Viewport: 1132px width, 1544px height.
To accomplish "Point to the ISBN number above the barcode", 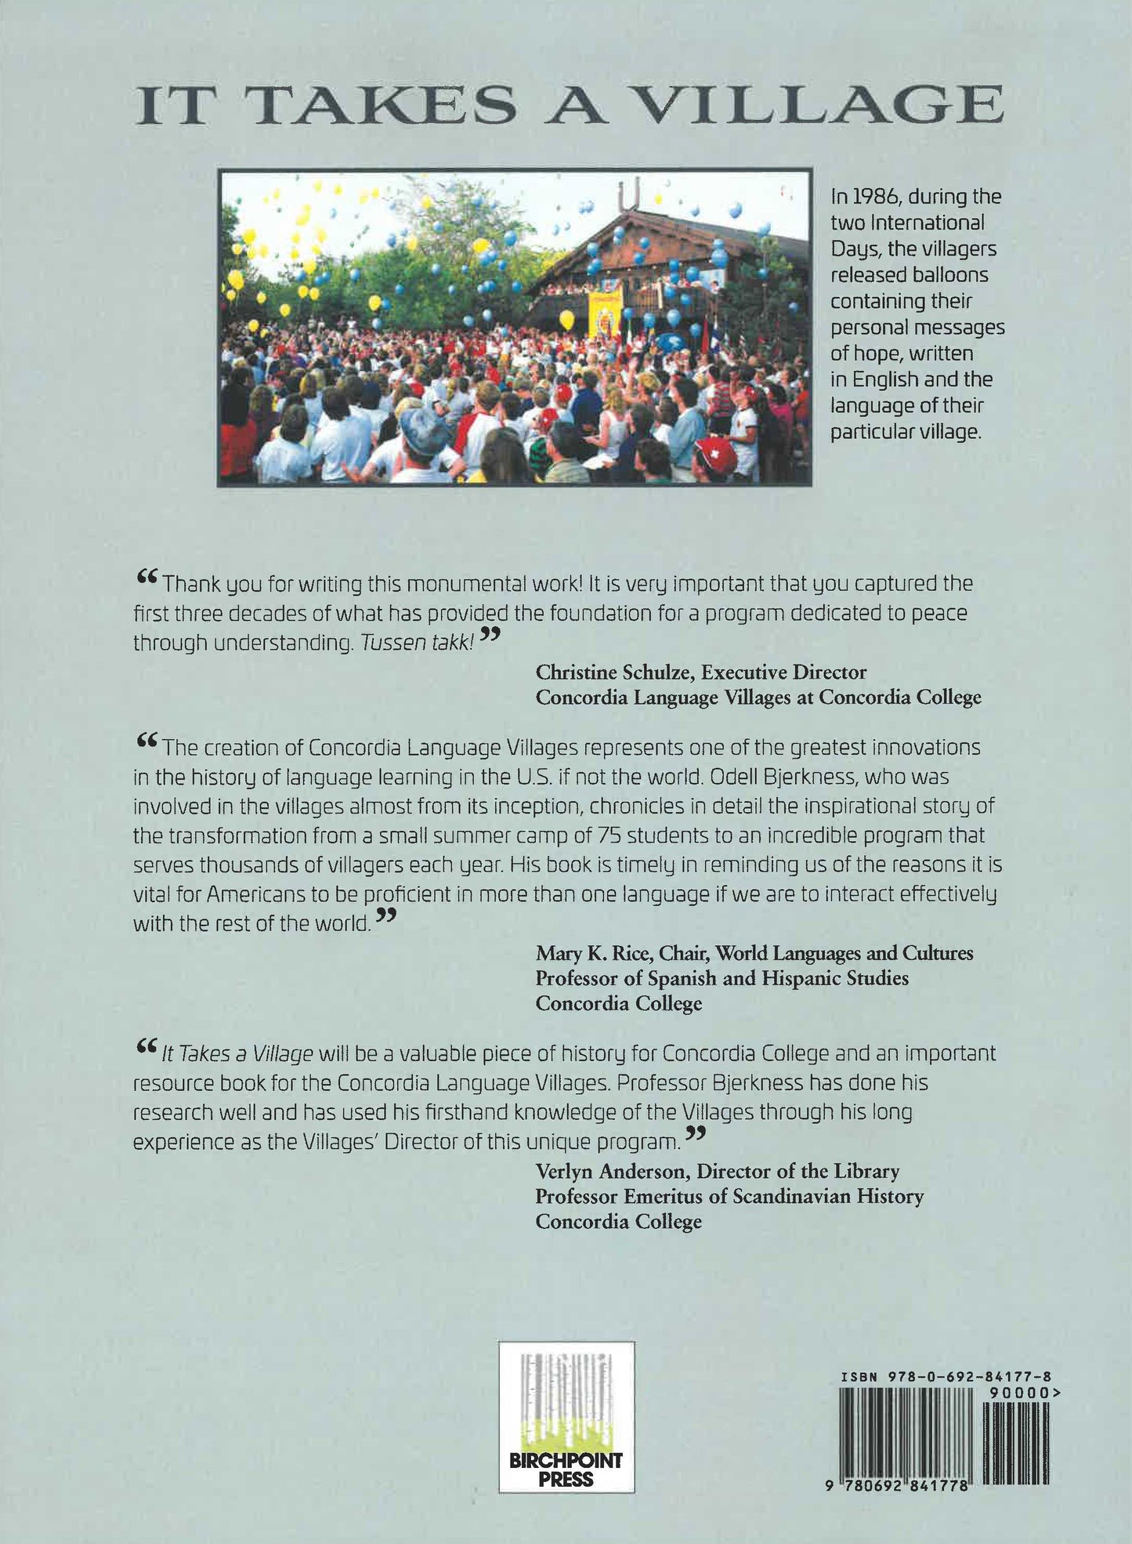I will click(946, 1376).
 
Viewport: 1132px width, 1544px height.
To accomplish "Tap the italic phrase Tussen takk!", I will click(417, 643).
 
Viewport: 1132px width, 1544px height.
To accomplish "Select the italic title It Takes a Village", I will click(237, 1054).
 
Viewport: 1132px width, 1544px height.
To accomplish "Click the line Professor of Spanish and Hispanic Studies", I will click(722, 978).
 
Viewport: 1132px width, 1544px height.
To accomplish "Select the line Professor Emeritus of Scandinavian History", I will click(729, 1196).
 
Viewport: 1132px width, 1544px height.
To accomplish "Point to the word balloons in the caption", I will click(951, 275).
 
